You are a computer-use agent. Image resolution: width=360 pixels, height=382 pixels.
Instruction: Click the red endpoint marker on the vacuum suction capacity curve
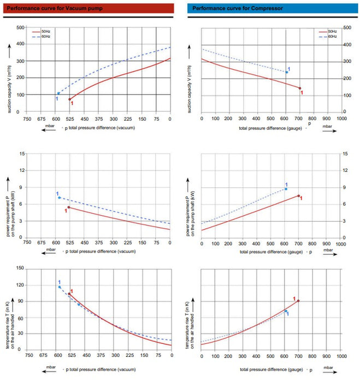[x=69, y=99]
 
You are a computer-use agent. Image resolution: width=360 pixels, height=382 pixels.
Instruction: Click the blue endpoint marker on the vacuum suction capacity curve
[x=58, y=93]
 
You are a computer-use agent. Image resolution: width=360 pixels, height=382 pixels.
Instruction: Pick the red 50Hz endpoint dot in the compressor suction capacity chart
[x=299, y=88]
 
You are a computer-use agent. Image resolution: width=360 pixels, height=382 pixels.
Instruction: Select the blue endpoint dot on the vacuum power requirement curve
[x=59, y=197]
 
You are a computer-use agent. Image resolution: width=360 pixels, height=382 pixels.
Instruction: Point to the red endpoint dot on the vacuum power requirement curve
[x=68, y=207]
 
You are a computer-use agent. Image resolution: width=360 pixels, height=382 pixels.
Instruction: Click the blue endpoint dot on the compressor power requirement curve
[x=286, y=189]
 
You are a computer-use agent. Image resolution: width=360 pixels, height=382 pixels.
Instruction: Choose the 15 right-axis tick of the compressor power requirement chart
[x=344, y=153]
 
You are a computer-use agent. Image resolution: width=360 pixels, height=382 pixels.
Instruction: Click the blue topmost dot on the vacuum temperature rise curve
[x=60, y=286]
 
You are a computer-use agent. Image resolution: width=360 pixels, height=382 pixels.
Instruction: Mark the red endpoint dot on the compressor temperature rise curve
[x=298, y=301]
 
